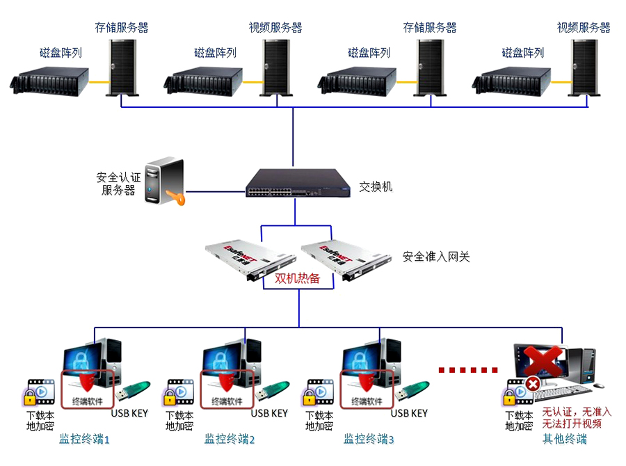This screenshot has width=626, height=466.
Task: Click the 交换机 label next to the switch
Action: [x=376, y=187]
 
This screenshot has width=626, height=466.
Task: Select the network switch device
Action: [x=293, y=183]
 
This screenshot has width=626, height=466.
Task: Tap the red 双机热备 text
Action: [x=297, y=278]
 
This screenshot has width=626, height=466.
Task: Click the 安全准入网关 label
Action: [x=436, y=257]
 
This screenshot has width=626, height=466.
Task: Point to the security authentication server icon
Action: [x=163, y=182]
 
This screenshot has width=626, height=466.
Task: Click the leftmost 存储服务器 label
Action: [x=122, y=28]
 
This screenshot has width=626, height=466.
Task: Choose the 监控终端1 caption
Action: [x=84, y=439]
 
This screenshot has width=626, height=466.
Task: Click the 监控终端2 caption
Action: [x=230, y=439]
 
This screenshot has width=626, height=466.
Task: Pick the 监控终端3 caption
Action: [x=369, y=439]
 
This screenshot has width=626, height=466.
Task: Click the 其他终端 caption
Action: [x=565, y=439]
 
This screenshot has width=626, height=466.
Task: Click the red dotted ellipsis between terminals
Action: [x=468, y=369]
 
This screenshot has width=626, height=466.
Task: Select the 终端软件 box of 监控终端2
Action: [x=227, y=389]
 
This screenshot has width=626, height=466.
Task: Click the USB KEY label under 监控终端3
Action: [x=409, y=413]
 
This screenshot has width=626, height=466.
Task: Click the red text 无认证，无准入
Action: [x=577, y=412]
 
